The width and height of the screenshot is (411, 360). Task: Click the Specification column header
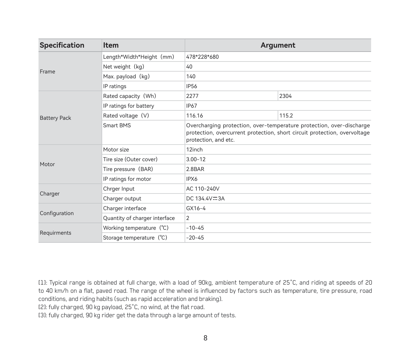point(62,45)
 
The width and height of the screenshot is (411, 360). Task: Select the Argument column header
point(278,45)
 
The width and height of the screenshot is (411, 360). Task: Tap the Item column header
point(111,45)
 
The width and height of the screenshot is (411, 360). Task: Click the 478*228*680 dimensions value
point(202,57)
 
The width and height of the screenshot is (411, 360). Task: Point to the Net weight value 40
point(189,67)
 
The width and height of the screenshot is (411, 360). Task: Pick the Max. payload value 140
point(191,76)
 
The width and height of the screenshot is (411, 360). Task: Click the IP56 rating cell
point(191,86)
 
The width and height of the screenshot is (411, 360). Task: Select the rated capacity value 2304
point(285,96)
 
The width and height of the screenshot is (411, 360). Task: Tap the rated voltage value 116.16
point(194,116)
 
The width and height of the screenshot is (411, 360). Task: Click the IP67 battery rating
point(191,106)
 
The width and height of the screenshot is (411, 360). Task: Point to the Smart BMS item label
point(117,125)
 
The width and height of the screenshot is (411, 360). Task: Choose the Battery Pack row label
point(55,118)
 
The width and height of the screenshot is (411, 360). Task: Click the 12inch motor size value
point(194,149)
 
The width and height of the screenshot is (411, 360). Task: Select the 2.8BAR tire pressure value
point(195,169)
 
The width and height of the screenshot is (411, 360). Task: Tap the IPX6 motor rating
point(192,179)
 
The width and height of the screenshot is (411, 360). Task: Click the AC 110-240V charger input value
point(203,189)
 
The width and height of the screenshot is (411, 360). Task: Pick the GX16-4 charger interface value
point(196,208)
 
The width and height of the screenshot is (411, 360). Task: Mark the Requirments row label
point(55,233)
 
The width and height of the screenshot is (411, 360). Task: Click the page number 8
point(205,338)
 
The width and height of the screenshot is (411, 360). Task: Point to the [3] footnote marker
point(42,315)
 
